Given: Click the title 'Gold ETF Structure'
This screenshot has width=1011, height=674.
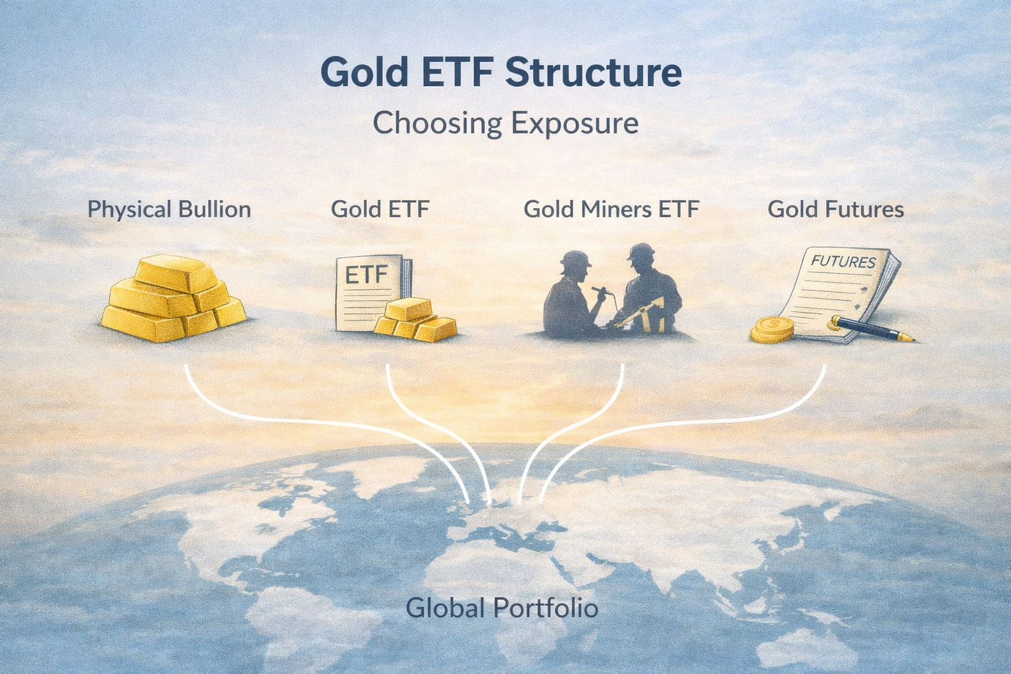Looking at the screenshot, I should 500,72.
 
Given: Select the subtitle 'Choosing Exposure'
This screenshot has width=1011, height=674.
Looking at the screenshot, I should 505,123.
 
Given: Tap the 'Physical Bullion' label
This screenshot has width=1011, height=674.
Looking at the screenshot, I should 169,209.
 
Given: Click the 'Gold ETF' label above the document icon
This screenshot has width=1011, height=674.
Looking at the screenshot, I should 380,209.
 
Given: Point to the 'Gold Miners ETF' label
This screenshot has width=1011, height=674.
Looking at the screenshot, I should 611,209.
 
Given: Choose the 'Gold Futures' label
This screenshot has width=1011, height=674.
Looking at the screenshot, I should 835,209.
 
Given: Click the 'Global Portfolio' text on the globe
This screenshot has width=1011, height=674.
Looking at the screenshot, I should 502,608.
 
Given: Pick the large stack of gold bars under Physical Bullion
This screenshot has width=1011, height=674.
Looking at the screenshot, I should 174,299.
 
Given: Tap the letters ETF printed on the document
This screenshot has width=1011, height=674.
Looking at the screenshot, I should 366,274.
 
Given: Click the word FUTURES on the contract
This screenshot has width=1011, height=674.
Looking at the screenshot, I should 843,261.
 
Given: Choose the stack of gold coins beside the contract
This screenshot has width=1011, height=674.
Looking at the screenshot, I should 773,329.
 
